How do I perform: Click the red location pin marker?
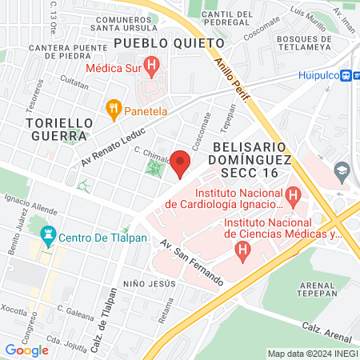[x=181, y=163]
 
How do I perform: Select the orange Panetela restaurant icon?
[x=114, y=106]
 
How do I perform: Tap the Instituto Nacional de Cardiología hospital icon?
[x=293, y=194]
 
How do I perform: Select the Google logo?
[x=26, y=350]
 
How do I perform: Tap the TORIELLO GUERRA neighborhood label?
[x=59, y=130]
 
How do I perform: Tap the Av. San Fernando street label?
[x=191, y=262]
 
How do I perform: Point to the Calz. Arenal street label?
[x=329, y=330]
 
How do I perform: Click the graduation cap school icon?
[x=342, y=170]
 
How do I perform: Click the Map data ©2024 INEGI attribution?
[x=312, y=354]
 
